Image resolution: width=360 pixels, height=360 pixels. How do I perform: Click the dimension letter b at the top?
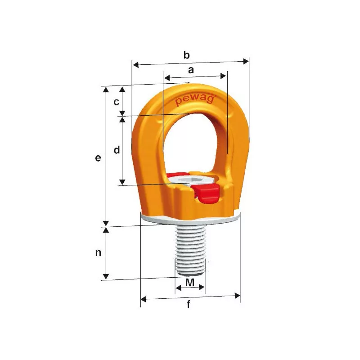[x=187, y=55]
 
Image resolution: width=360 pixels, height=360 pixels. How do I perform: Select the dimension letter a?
[x=191, y=70]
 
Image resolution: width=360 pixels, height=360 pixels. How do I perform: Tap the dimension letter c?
[x=117, y=102]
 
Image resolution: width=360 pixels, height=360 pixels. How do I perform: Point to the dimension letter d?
[x=117, y=150]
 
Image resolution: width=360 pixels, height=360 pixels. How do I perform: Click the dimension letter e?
[x=98, y=158]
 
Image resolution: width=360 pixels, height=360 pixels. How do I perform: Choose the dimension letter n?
[x=98, y=252]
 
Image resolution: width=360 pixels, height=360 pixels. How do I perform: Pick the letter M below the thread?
[x=190, y=283]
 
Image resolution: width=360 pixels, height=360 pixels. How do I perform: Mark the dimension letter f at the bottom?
[x=189, y=304]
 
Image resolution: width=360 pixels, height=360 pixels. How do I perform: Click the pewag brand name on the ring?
[x=195, y=100]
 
